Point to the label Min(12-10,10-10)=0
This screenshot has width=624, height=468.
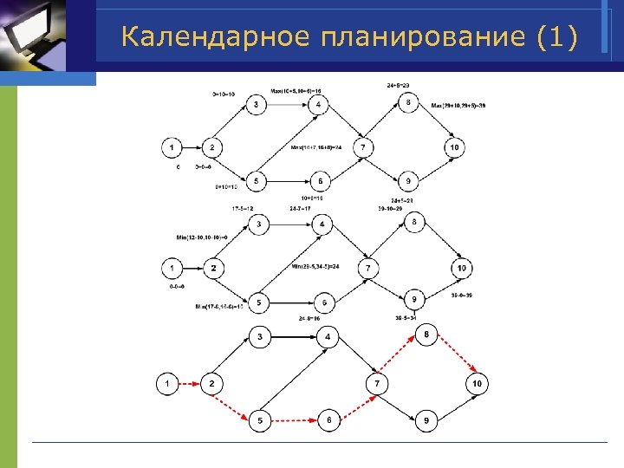point(201,237)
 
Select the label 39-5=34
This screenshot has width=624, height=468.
point(408,317)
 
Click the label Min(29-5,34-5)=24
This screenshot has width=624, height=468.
point(322,265)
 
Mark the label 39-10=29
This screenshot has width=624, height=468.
point(391,209)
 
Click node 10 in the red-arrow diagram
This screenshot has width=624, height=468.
point(477,382)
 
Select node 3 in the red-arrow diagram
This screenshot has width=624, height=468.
point(259,336)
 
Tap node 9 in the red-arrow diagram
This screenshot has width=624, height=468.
point(426,421)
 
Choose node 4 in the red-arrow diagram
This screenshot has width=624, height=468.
point(328,336)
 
